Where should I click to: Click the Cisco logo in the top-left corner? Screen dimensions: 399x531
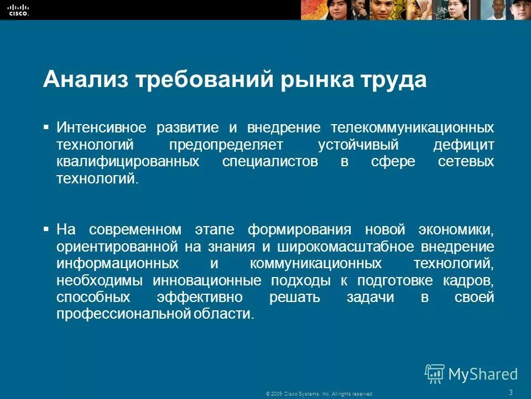18,9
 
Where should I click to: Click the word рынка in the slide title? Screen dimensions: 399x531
319,80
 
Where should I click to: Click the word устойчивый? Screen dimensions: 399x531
353,145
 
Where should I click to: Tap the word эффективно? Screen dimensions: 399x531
200,298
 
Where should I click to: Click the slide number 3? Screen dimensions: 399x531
510,392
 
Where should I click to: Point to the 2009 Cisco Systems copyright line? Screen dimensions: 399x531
319,393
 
